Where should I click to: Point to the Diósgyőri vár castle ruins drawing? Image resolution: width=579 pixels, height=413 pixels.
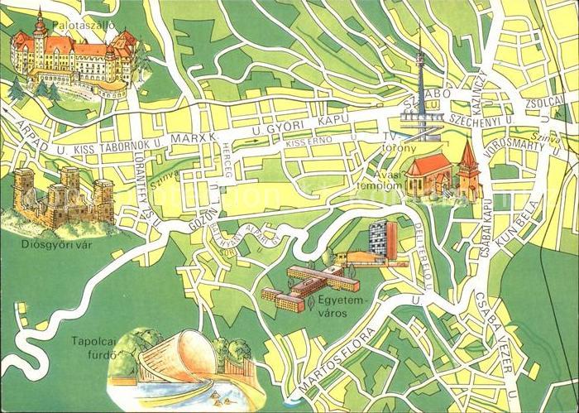click(62, 197)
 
